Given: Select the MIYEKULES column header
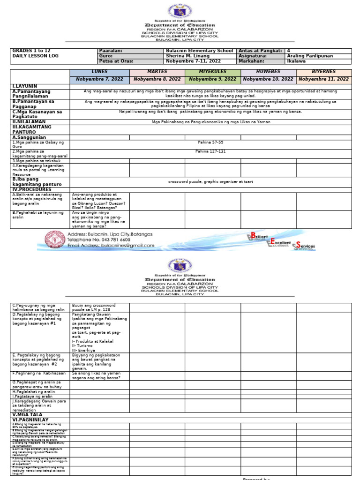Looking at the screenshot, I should click(212, 72).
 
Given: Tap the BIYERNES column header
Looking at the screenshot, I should click(323, 72).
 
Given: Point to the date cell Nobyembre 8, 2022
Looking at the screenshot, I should click(157, 79).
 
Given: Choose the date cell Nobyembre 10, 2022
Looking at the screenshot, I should click(268, 79).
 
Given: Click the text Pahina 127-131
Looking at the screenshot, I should click(210, 151).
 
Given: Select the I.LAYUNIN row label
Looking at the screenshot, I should click(26, 87).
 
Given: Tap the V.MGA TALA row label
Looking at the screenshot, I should click(27, 415).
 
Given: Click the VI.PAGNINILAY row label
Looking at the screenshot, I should click(30, 420).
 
